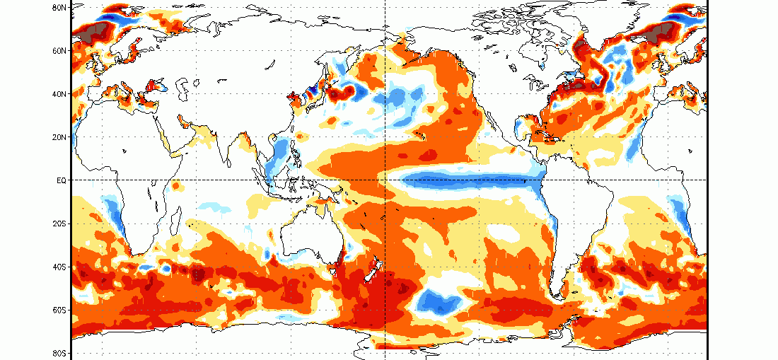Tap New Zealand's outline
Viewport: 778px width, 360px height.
[373, 270]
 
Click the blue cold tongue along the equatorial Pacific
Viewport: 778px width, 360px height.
[471, 180]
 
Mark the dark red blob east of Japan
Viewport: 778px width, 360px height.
[342, 92]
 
